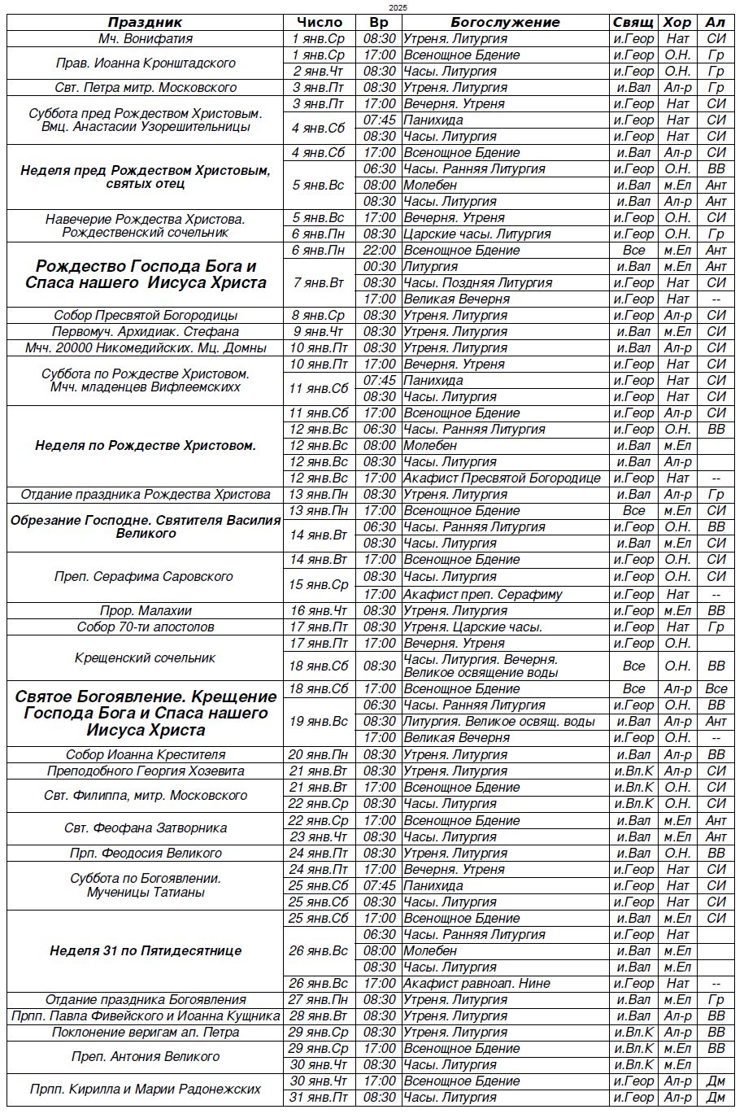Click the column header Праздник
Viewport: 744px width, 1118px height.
point(145,23)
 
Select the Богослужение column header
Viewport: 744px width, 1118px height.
point(505,23)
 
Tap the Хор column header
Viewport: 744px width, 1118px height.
point(677,23)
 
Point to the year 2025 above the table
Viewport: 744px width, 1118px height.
point(398,7)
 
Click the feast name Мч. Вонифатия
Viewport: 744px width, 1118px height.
point(145,39)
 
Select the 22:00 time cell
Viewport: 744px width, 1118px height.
point(380,251)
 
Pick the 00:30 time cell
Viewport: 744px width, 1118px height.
point(380,267)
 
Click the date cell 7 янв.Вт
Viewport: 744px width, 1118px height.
point(319,283)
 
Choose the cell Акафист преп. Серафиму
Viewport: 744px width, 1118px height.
point(483,594)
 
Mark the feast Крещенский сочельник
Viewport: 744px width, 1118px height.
point(145,657)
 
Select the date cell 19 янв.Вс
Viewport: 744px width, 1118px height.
point(319,722)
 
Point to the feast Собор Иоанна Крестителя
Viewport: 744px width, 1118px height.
point(145,755)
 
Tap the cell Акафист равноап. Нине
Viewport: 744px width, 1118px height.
point(477,984)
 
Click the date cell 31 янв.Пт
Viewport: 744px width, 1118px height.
point(319,1098)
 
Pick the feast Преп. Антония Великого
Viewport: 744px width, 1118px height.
point(145,1057)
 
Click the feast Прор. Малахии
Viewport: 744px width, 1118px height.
point(145,611)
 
